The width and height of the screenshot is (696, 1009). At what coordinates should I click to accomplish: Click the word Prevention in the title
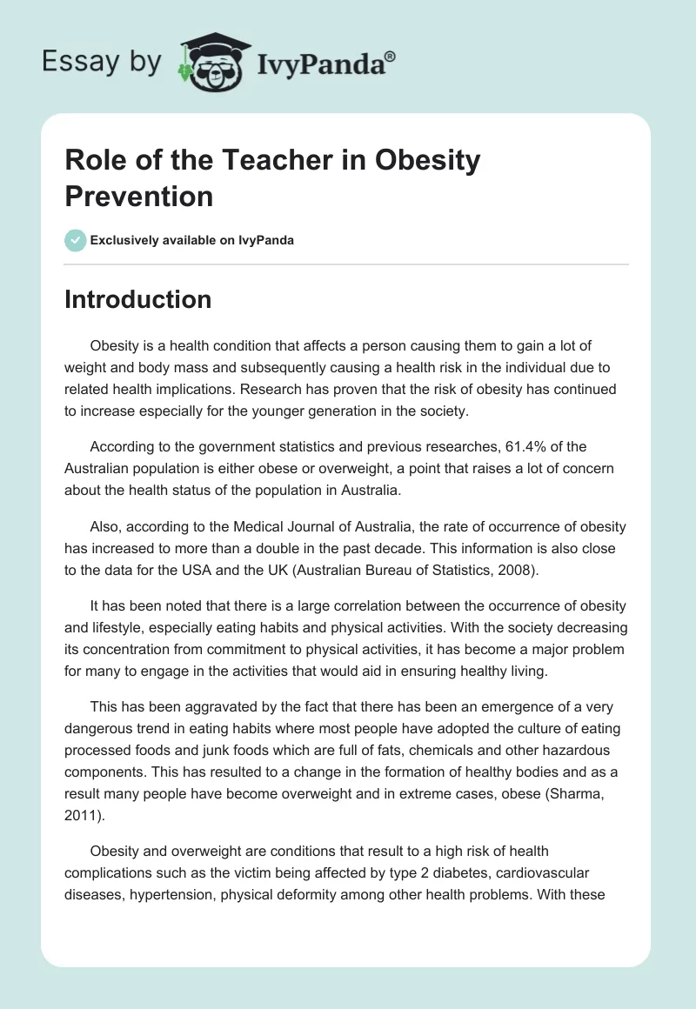pos(138,196)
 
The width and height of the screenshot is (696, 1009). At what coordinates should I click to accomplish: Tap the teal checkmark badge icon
pos(75,240)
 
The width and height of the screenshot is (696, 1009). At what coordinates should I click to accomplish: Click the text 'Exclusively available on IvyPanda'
pos(192,240)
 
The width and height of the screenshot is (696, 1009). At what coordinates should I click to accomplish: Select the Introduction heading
pos(137,299)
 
